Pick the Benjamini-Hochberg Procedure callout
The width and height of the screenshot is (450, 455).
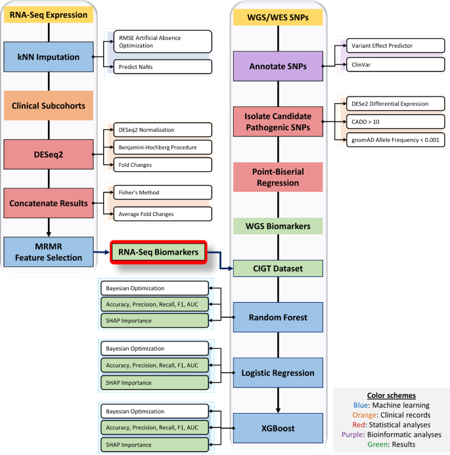(162, 147)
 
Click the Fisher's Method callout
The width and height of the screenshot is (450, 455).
(162, 193)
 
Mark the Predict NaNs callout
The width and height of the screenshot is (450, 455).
(162, 66)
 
